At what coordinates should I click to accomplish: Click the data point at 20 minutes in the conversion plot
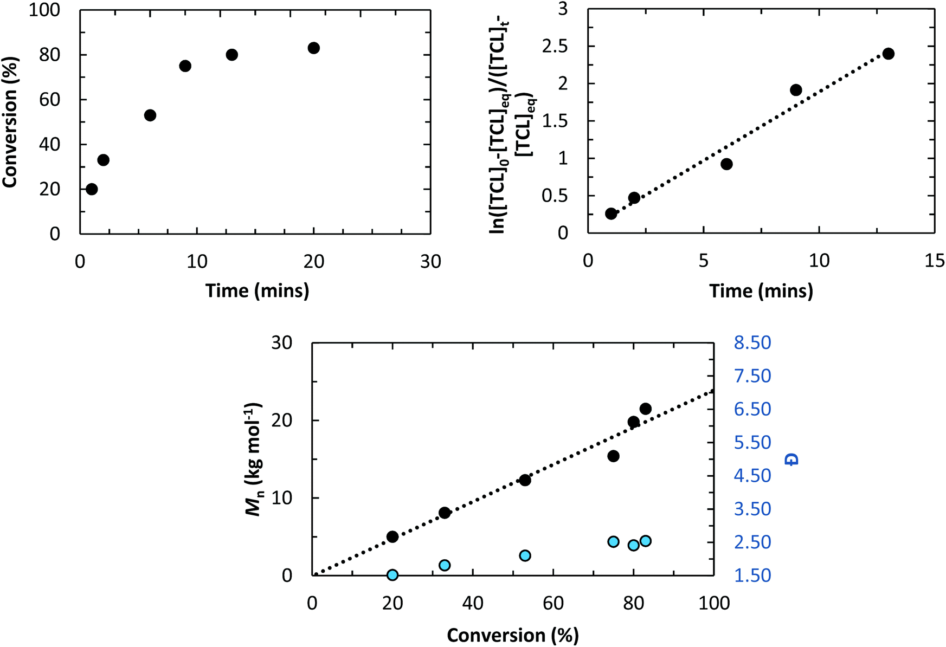313,48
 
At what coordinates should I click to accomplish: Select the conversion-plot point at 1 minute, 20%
92,189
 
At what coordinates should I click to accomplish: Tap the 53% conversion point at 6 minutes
150,115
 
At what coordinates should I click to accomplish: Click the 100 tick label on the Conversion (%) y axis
44,10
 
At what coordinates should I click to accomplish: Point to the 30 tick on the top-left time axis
430,262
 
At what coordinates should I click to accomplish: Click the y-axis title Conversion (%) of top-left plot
10,122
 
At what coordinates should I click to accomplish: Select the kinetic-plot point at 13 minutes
888,54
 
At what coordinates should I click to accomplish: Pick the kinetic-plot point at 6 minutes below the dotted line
726,164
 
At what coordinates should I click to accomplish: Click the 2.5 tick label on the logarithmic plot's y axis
555,47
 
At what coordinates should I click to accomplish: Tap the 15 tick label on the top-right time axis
934,261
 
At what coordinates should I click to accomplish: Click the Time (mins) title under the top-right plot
761,291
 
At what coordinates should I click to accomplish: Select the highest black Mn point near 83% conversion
645,409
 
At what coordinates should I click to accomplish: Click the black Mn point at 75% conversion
613,456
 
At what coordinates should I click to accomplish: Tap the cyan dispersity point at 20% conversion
392,575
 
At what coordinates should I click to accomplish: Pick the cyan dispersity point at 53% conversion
525,555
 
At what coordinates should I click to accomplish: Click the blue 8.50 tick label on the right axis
752,342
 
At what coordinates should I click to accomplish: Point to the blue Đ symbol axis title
793,460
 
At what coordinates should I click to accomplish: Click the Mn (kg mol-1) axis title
254,460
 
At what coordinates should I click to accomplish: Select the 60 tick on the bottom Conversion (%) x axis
553,603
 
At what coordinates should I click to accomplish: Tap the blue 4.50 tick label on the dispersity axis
752,476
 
